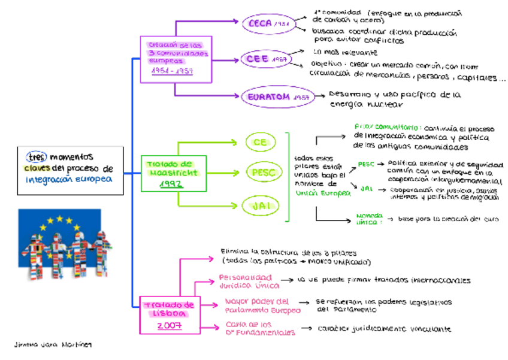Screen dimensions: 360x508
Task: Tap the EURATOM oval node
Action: [270, 96]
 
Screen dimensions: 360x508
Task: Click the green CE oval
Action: [261, 143]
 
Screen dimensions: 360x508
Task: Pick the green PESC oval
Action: [263, 173]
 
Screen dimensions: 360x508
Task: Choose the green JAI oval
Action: [260, 206]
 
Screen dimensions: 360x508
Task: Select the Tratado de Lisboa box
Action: [169, 315]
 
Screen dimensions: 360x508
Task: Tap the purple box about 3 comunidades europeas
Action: [175, 59]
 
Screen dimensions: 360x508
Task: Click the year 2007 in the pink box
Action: [169, 325]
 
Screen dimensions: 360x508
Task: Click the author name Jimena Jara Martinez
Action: [54, 346]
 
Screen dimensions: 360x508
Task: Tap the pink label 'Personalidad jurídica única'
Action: [245, 282]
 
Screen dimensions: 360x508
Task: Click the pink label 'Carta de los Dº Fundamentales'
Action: [260, 328]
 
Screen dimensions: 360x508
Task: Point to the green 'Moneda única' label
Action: [370, 218]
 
